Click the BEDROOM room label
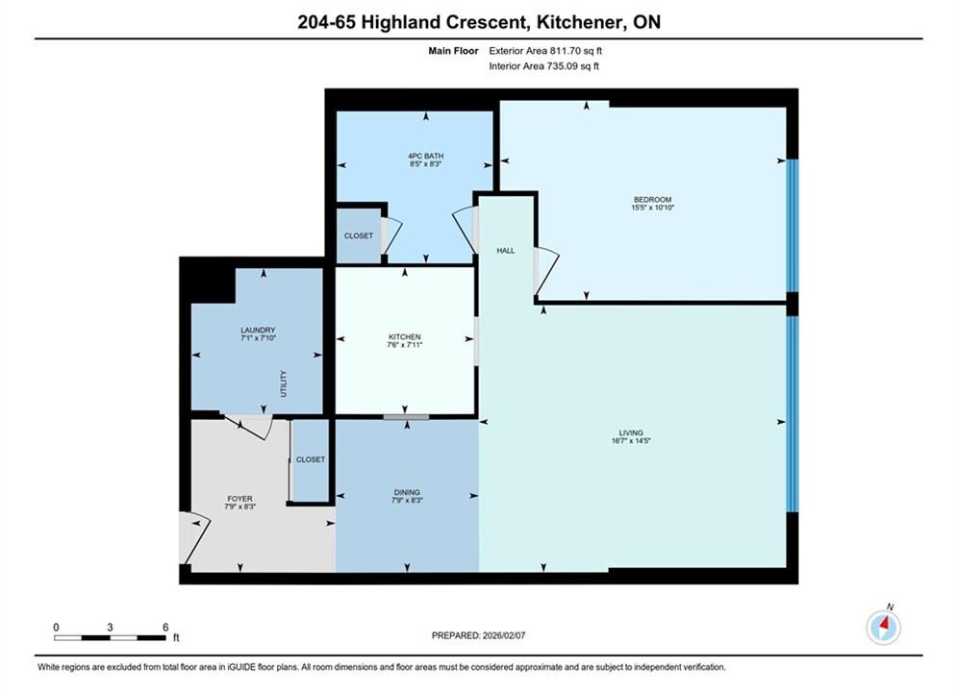click(x=652, y=199)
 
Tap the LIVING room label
click(x=631, y=432)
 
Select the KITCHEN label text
click(x=405, y=336)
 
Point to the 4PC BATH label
click(x=426, y=156)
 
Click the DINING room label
click(x=407, y=492)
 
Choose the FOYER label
click(x=239, y=498)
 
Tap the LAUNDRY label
click(x=258, y=330)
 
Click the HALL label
click(x=505, y=251)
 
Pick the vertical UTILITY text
click(x=283, y=383)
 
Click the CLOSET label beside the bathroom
click(x=358, y=235)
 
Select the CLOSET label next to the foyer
click(x=311, y=459)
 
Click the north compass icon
click(x=883, y=627)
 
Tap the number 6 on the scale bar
click(x=165, y=627)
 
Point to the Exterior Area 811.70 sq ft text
click(x=545, y=51)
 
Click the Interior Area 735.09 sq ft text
click(x=543, y=66)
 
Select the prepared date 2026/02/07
click(x=504, y=635)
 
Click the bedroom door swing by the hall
click(x=546, y=271)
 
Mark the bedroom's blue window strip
click(x=793, y=226)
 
